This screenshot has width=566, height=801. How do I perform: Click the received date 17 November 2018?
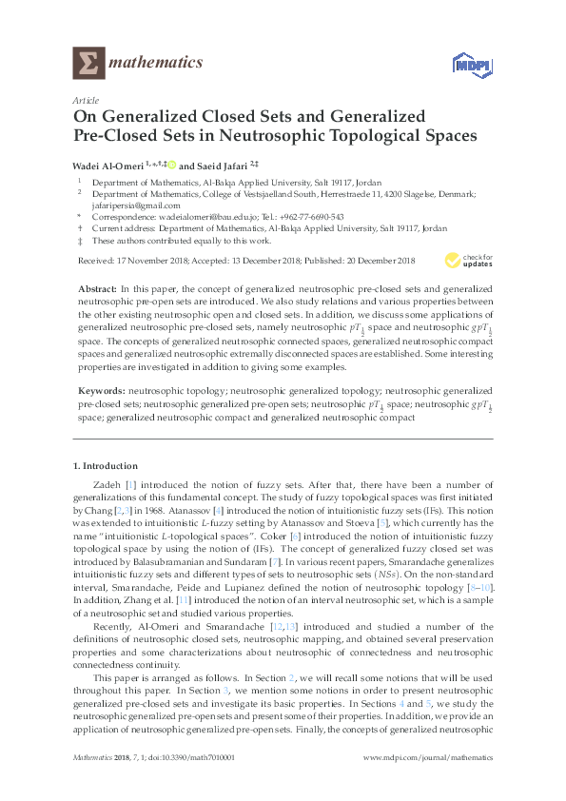(151, 259)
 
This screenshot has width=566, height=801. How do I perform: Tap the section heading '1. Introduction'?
(106, 466)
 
